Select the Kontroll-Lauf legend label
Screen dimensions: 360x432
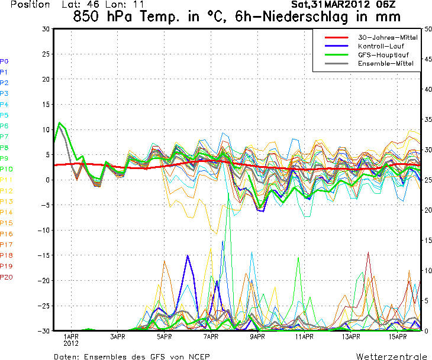coord(379,46)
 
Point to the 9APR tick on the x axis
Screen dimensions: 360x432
coord(257,337)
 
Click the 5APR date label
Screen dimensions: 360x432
coord(165,337)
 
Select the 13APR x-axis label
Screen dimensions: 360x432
coord(351,337)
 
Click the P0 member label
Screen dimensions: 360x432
coord(4,61)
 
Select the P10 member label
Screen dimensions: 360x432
coord(6,169)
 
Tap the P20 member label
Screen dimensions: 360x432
coord(6,277)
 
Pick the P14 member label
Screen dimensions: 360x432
coord(6,212)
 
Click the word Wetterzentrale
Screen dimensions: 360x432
coord(391,356)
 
